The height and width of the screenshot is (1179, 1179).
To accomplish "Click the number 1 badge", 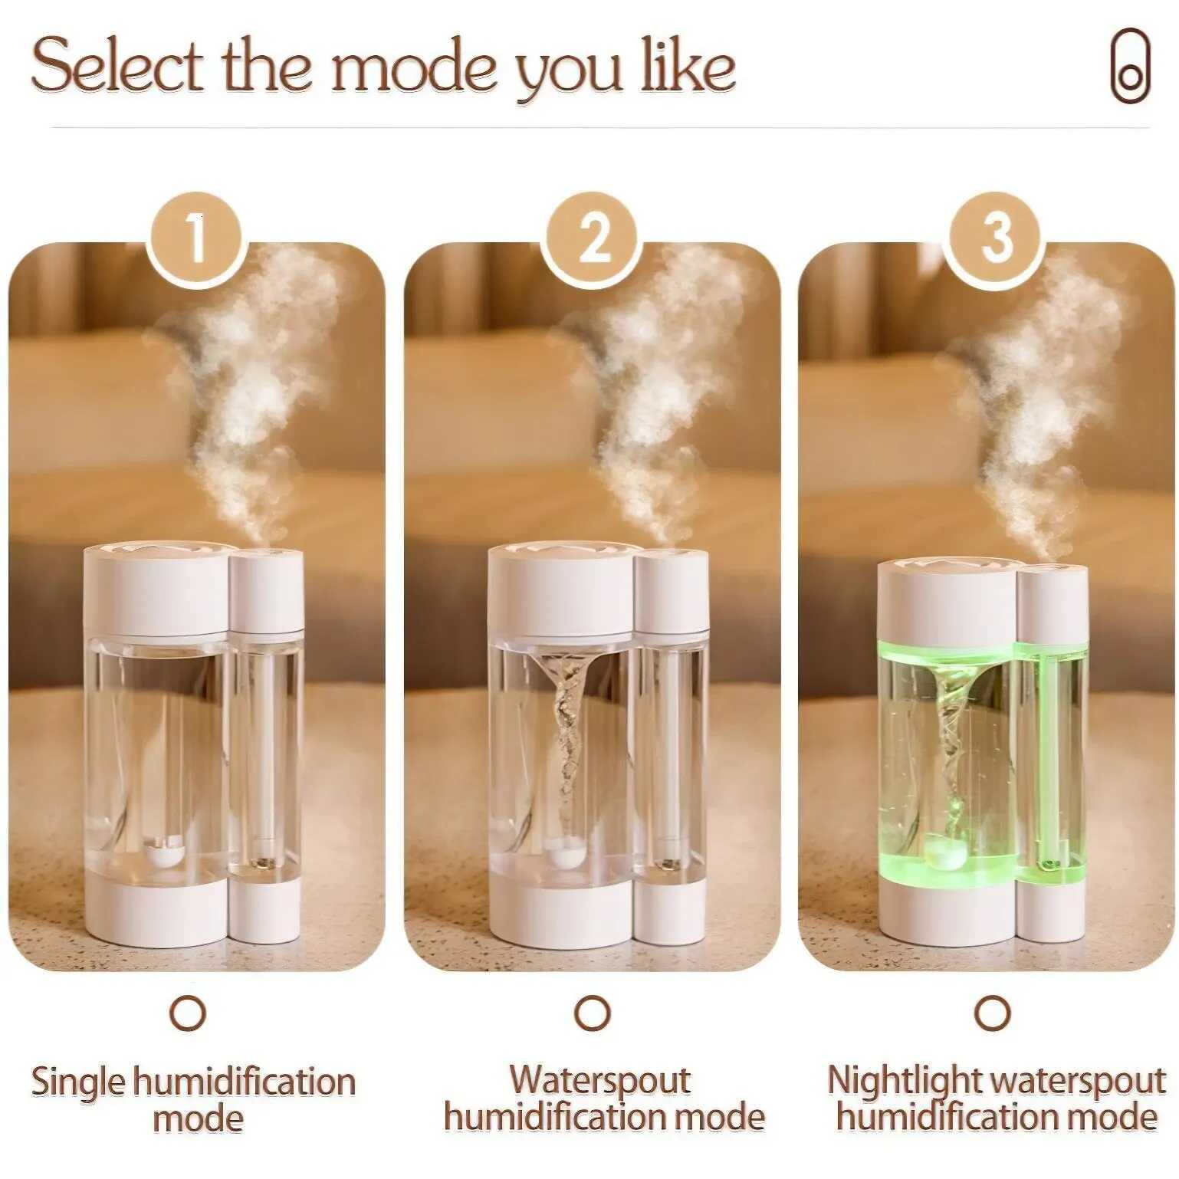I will click(x=196, y=238).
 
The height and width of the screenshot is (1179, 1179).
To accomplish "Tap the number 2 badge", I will click(x=592, y=238).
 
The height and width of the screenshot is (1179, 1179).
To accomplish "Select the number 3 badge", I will click(x=994, y=238).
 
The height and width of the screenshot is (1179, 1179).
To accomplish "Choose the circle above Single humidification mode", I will click(x=188, y=1013).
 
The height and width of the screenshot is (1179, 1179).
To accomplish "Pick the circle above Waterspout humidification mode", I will click(x=592, y=1013).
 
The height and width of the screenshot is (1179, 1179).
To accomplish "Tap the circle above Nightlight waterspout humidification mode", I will click(x=993, y=1013).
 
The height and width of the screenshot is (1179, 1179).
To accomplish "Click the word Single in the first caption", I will click(x=77, y=1082).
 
